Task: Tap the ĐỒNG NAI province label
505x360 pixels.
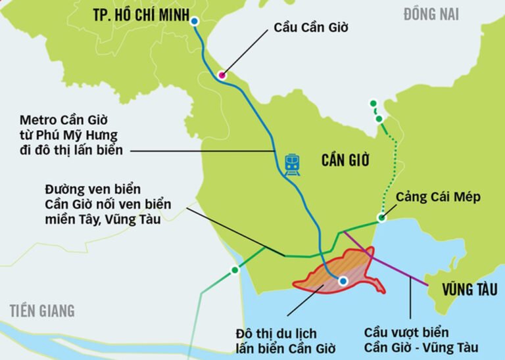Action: click(x=431, y=14)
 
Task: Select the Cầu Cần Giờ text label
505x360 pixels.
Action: click(x=310, y=28)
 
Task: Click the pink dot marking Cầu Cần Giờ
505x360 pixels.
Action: click(x=222, y=75)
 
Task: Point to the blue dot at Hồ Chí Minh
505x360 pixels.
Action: click(x=194, y=22)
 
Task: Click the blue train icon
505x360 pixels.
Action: click(x=293, y=164)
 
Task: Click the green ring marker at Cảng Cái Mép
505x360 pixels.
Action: click(x=381, y=218)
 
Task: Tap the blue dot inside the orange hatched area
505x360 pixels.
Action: click(x=343, y=281)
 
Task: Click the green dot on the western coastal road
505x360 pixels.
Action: click(x=235, y=271)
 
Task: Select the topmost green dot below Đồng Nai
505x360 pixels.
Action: click(x=373, y=103)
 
